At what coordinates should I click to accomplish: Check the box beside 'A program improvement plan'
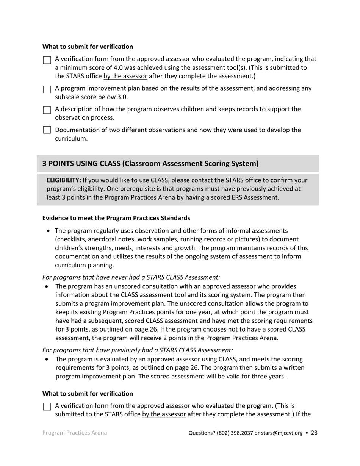click(x=47, y=89)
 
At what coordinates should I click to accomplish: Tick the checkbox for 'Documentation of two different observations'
click(x=47, y=130)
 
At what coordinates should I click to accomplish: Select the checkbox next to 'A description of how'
click(x=47, y=110)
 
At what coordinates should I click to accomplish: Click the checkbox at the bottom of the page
click(x=47, y=407)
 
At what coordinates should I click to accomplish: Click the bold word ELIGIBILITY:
click(x=64, y=180)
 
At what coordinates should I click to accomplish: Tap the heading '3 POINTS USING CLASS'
click(x=150, y=163)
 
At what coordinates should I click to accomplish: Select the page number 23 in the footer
click(x=314, y=433)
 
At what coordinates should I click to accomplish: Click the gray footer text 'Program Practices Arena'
click(x=75, y=433)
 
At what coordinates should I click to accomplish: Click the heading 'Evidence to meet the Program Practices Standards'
click(x=116, y=218)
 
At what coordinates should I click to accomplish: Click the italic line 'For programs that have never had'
click(x=131, y=277)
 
